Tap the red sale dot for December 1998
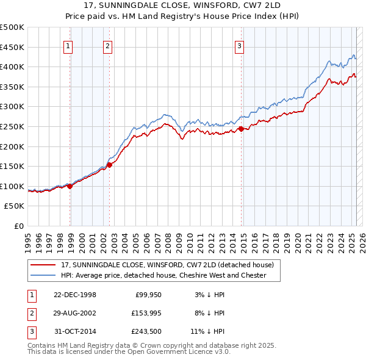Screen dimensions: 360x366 click(x=70, y=186)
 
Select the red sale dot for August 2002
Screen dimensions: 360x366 click(x=110, y=164)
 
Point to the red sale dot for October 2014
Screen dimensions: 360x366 click(x=241, y=129)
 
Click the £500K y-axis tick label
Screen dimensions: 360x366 click(x=12, y=27)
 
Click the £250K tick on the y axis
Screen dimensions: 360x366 click(x=12, y=126)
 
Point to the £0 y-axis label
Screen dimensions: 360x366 click(x=18, y=226)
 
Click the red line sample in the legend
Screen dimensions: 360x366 click(x=43, y=265)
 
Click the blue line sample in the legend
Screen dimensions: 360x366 click(x=43, y=275)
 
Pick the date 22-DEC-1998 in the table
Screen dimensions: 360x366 click(x=75, y=295)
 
